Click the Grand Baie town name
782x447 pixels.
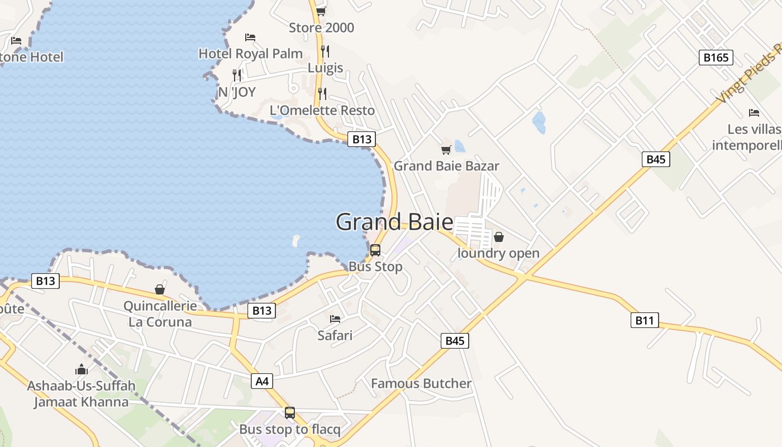394,222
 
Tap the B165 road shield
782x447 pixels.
716,57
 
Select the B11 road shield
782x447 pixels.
644,320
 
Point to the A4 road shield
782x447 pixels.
262,382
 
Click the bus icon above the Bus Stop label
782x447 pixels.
375,250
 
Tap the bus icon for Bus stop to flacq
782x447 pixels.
290,413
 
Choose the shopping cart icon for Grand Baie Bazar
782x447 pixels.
446,150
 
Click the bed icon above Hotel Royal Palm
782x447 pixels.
250,37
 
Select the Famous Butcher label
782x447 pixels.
421,383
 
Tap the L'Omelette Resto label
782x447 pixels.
322,110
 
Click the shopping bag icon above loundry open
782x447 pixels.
499,237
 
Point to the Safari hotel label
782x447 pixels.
335,335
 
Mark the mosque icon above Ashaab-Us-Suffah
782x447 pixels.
82,369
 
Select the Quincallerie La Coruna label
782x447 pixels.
160,314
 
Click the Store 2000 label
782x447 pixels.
321,27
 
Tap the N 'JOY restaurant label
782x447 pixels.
237,92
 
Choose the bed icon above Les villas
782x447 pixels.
754,113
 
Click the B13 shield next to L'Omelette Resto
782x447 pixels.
361,139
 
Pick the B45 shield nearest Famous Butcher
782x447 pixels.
455,341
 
